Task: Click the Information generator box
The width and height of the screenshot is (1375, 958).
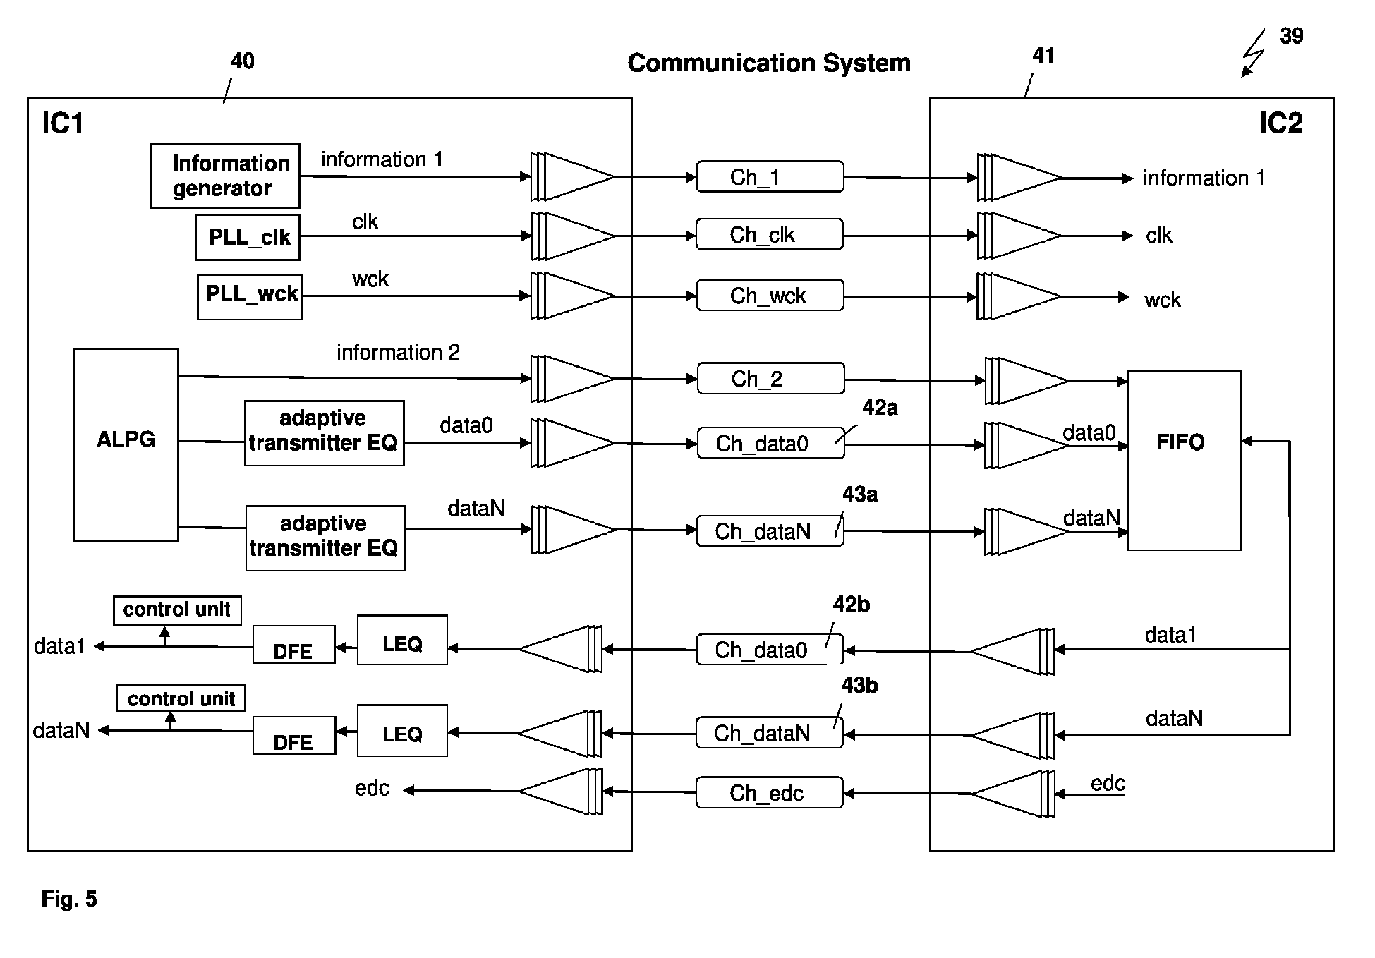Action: (225, 176)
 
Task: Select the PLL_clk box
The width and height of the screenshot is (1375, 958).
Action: (248, 237)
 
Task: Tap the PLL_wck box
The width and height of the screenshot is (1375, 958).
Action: (250, 296)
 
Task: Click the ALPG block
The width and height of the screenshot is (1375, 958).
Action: (126, 445)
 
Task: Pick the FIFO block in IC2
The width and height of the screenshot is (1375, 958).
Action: (1184, 460)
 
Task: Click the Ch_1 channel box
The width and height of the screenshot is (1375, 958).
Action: (770, 176)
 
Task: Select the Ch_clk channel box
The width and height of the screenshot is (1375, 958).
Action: (769, 234)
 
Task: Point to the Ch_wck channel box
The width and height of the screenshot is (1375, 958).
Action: (770, 296)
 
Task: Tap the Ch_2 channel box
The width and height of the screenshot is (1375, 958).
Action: (770, 378)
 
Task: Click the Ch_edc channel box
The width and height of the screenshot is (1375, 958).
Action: (769, 792)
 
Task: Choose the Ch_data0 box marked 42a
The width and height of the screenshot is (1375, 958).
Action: (770, 443)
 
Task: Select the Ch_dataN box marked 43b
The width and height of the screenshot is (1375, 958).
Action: (769, 733)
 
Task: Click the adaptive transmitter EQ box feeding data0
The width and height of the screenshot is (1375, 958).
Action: (324, 433)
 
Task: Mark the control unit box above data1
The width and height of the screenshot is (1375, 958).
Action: (177, 610)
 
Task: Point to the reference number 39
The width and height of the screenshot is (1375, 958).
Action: (1291, 36)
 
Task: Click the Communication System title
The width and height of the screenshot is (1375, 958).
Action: (769, 63)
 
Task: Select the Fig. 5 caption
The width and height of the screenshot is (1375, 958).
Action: (69, 898)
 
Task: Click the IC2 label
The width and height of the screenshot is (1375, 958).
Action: (1280, 123)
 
